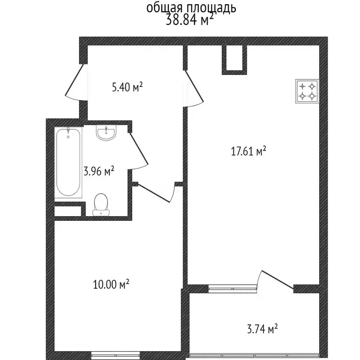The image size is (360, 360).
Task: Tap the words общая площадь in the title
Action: (191, 7)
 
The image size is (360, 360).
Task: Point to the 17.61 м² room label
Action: (249, 151)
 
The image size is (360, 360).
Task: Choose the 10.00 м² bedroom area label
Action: (112, 284)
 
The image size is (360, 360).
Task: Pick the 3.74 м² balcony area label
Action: (261, 329)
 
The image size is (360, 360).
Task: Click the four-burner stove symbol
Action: (307, 91)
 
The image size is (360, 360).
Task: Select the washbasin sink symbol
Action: (106, 133)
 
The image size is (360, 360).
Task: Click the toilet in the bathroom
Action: (101, 205)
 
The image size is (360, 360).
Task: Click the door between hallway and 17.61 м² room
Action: (194, 89)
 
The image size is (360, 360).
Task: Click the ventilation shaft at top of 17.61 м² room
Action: (234, 60)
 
